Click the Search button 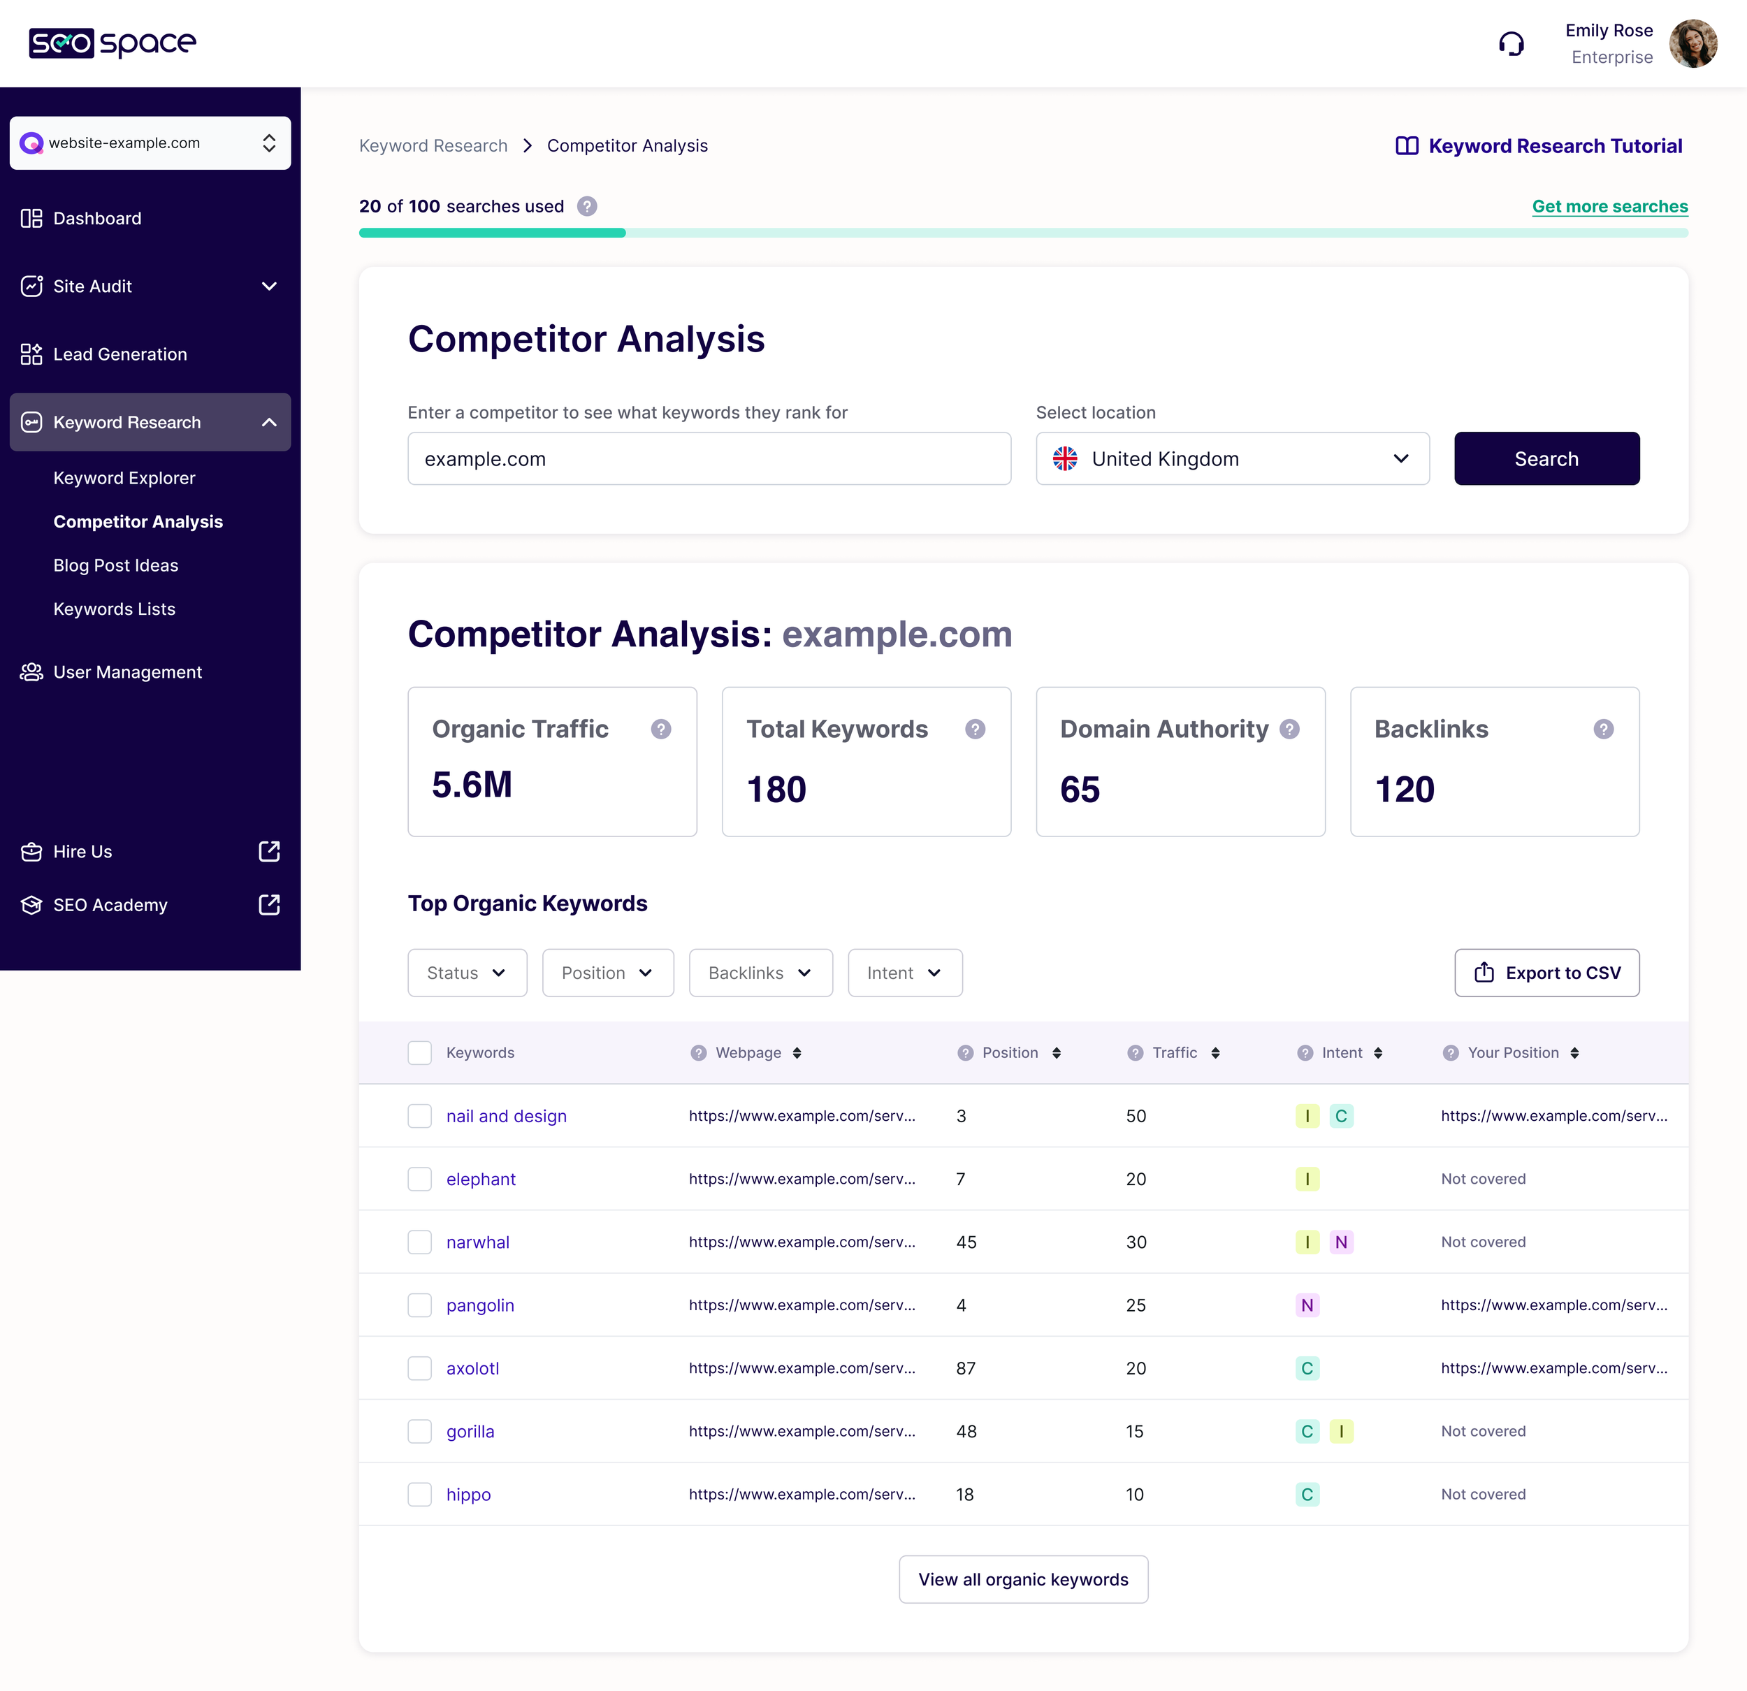pyautogui.click(x=1546, y=458)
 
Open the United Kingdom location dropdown pyautogui.click(x=1232, y=458)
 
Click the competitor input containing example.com pyautogui.click(x=709, y=458)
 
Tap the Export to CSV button pyautogui.click(x=1546, y=973)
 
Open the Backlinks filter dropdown pyautogui.click(x=760, y=973)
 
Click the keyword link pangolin pyautogui.click(x=479, y=1305)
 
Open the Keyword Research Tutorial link pyautogui.click(x=1539, y=145)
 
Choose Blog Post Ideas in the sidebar pyautogui.click(x=116, y=565)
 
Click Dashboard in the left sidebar pyautogui.click(x=97, y=219)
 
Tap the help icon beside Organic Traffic pyautogui.click(x=660, y=730)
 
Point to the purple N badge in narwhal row pyautogui.click(x=1340, y=1242)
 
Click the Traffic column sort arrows pyautogui.click(x=1215, y=1053)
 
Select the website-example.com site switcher pyautogui.click(x=150, y=143)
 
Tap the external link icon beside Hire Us pyautogui.click(x=268, y=851)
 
